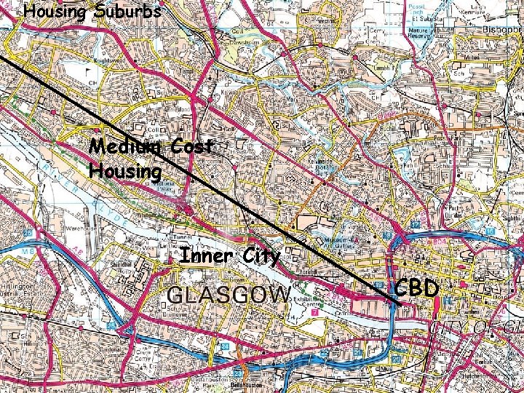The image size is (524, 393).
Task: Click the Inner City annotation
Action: click(x=229, y=256)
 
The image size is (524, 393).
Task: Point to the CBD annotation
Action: click(x=417, y=289)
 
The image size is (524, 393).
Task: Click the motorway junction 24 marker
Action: click(x=226, y=346)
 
